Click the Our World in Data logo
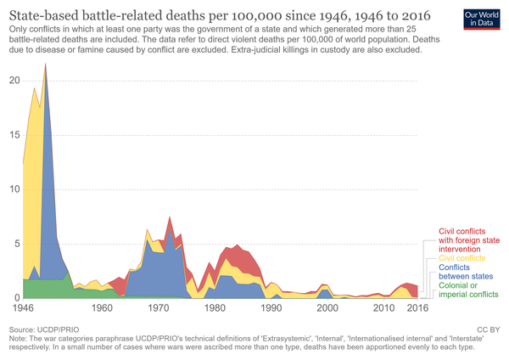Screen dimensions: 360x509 coord(482,18)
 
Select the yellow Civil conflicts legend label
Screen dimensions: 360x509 coord(463,257)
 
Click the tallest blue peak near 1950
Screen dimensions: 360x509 coord(46,66)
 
